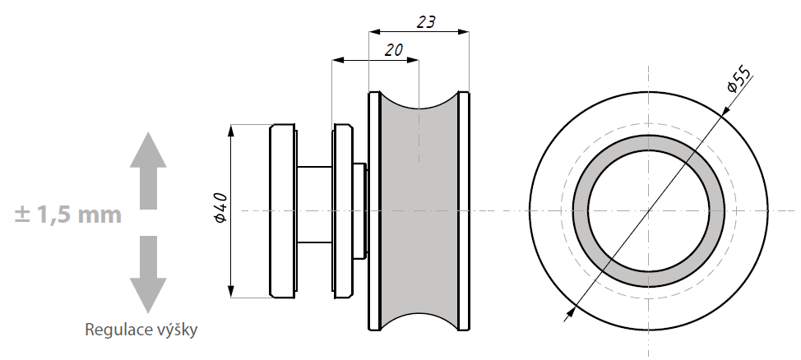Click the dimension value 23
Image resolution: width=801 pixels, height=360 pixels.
coord(426,22)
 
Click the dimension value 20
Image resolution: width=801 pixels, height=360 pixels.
coord(394,49)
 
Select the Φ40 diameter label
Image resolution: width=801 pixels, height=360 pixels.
coord(221,208)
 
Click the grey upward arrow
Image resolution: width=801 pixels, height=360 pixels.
coord(148,170)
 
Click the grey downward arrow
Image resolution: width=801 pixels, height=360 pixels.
coord(148,275)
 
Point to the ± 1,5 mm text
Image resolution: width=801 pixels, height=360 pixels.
coord(68,215)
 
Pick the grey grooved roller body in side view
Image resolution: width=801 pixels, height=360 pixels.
coord(419,211)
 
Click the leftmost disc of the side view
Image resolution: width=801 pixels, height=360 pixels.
coord(283,211)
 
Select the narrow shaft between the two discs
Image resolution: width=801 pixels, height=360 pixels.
coord(315,205)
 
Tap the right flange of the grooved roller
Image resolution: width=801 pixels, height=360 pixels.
coord(464,211)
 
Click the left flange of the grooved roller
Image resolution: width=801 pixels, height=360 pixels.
coord(374,211)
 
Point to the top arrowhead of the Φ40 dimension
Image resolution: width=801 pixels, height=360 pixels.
coord(231,130)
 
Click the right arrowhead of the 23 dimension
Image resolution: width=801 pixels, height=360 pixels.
coord(463,32)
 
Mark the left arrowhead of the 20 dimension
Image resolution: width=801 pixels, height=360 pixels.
coord(338,60)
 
